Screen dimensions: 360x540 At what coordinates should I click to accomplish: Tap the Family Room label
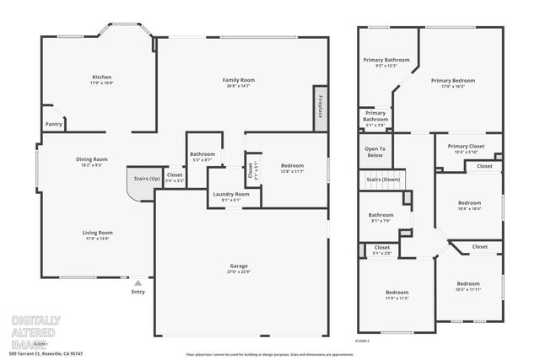239,83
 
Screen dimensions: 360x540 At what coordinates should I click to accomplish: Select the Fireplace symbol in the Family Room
321,108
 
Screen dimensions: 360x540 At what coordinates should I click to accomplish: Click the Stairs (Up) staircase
140,182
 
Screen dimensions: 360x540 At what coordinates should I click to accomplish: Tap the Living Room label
97,235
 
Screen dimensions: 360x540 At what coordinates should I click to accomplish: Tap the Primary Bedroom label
453,83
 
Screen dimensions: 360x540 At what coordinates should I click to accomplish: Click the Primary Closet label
466,148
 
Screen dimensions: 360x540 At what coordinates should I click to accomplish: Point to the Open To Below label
375,153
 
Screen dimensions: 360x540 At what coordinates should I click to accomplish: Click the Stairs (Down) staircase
384,180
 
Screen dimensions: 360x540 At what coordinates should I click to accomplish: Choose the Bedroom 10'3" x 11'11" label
468,287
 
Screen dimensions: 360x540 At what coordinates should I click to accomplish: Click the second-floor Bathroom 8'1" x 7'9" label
381,218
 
